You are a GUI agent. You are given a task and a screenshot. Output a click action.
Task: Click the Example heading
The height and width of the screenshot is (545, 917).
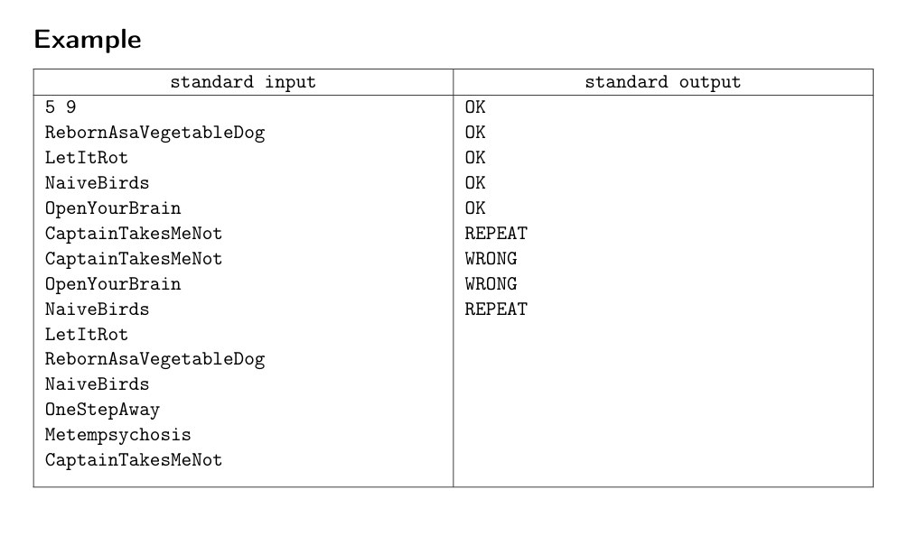point(88,41)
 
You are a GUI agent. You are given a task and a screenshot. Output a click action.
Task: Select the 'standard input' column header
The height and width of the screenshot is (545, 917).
point(243,82)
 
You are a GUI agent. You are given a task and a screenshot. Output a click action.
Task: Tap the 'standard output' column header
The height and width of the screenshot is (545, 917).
point(662,82)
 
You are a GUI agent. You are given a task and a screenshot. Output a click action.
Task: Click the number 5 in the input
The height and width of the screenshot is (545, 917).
point(50,106)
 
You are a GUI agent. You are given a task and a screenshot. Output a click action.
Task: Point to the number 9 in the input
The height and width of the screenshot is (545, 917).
point(70,106)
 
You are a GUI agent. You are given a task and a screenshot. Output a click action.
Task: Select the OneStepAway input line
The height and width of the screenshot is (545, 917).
point(102,410)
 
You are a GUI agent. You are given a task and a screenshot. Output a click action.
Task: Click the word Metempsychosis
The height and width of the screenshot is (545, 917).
point(118,435)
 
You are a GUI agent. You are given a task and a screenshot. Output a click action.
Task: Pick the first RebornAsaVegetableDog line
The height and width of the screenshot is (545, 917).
point(155,134)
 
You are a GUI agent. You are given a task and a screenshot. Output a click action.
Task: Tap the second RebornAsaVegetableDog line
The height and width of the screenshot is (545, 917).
point(155,359)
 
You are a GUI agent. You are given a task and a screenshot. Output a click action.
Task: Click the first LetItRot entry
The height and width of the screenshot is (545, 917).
point(87,158)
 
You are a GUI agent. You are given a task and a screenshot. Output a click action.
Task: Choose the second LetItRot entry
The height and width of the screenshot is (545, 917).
point(87,335)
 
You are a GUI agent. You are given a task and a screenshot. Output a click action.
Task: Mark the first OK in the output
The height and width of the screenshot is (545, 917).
point(475,106)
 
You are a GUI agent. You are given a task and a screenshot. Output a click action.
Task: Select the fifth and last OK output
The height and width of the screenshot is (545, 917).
point(475,208)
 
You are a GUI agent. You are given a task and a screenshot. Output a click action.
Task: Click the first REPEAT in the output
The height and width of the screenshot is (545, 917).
point(496,234)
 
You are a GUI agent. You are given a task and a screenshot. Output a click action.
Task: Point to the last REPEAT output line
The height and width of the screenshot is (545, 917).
point(496,309)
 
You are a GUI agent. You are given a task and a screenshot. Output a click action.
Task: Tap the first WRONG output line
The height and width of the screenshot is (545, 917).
point(491,259)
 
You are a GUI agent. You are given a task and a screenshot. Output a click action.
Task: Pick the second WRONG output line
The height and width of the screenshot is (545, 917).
point(491,284)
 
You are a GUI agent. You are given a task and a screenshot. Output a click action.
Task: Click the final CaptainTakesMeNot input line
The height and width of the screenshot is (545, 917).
point(134,460)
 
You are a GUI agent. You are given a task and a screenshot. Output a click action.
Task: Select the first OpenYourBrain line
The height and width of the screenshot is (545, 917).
point(113,208)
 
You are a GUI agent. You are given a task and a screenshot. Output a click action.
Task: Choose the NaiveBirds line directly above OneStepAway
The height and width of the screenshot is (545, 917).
point(97,384)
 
